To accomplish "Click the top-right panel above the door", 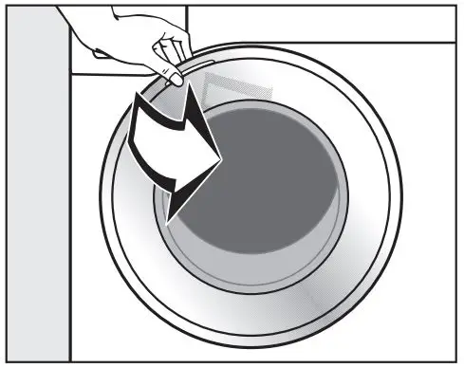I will coord(323,21).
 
